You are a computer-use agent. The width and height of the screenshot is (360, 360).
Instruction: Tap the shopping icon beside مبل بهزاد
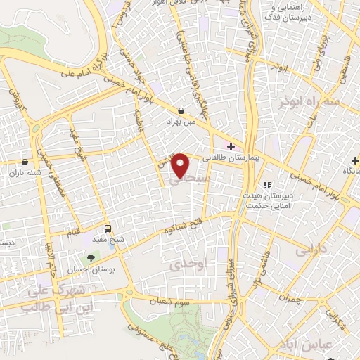pos(181,111)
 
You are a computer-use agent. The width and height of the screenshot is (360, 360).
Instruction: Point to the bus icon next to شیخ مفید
pos(108,229)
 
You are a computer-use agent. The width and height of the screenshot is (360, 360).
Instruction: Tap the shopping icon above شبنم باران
pos(25,161)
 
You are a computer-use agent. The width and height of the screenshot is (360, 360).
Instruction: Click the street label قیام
pos(74,232)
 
